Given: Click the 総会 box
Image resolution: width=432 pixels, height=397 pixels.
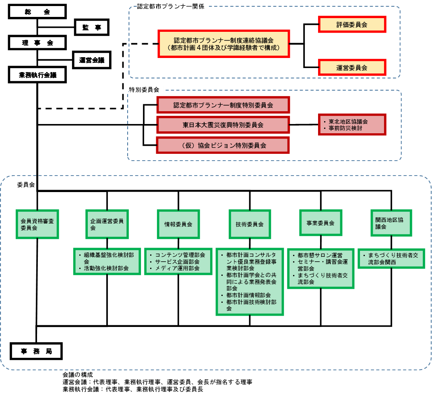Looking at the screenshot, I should [x=37, y=12].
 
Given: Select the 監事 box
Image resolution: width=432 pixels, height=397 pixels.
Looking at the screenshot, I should [x=92, y=27].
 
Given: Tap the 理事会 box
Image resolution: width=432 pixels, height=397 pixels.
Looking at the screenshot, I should [x=37, y=43].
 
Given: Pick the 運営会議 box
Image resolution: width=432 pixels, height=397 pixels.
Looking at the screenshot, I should [x=92, y=60].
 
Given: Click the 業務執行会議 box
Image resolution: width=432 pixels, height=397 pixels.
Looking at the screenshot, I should [x=37, y=75].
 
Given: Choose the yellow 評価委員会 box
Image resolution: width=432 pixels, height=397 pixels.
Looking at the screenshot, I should [x=352, y=25].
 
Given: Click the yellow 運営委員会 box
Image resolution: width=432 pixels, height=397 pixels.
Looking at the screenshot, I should [x=352, y=68].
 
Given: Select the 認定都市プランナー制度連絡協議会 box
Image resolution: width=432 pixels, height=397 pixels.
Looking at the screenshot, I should [x=224, y=44].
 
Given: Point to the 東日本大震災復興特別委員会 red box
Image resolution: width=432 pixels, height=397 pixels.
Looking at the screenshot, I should [x=223, y=125].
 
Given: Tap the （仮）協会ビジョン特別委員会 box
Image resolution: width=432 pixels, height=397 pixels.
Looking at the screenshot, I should [x=223, y=145].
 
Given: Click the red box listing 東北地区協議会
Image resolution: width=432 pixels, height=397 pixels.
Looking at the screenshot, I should [x=352, y=125].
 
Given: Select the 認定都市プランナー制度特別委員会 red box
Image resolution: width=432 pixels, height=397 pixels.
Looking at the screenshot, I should [x=223, y=105].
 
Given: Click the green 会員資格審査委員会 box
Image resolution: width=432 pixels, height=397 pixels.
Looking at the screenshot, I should [x=37, y=224].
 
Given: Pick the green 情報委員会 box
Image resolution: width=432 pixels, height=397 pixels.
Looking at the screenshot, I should [x=178, y=224].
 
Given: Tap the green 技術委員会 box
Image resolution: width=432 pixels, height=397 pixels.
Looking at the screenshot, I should [x=250, y=224].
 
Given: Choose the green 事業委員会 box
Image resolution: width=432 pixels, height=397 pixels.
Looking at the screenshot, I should [x=321, y=223].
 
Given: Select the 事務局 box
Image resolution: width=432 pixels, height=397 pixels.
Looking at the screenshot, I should [x=36, y=351].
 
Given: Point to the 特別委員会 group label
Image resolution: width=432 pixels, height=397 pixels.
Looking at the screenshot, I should [x=146, y=90].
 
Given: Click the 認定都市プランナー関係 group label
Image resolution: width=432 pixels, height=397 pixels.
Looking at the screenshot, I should [x=173, y=7].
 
